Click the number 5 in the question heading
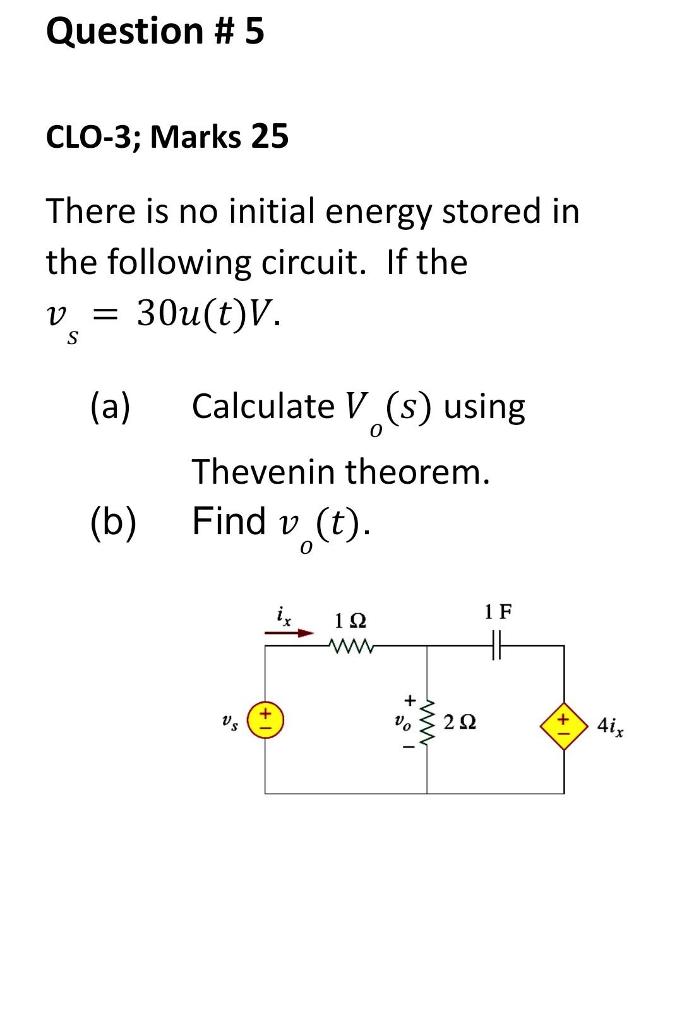click(x=254, y=32)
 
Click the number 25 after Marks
click(x=270, y=136)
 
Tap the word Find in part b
click(x=229, y=521)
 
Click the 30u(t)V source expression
click(x=208, y=311)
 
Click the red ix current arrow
click(x=290, y=632)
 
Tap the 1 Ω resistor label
click(x=351, y=621)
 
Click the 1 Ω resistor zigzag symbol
click(x=351, y=645)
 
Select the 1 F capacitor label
click(x=498, y=611)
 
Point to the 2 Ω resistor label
click(x=460, y=722)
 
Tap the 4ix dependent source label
click(x=611, y=726)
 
